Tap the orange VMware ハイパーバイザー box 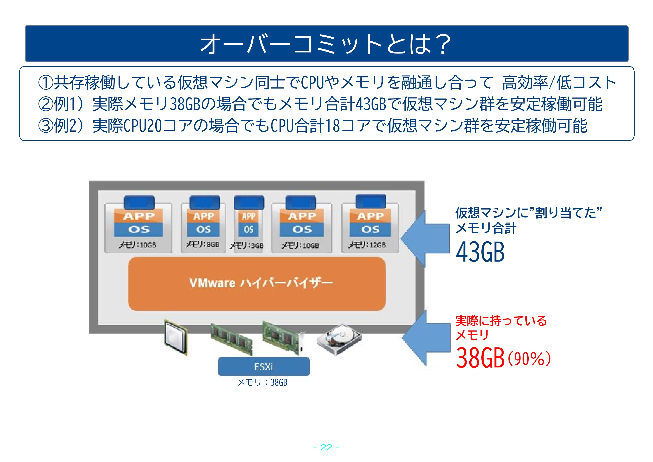point(257,283)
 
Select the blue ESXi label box point(264,366)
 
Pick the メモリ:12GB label point(367,245)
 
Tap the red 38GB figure point(480,358)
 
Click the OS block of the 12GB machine point(370,229)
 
